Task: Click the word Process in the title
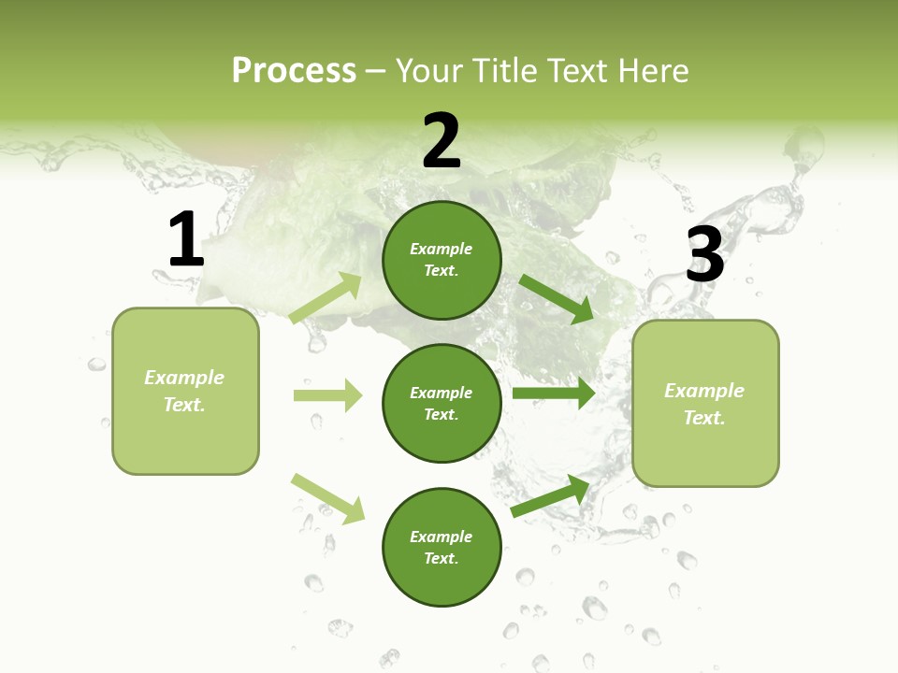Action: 294,71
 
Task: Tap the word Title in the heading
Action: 507,71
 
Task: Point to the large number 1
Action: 185,239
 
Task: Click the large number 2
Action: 442,140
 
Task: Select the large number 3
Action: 704,254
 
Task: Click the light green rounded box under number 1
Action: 185,391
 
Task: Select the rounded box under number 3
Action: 705,404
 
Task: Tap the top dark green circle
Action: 442,260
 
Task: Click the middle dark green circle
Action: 442,404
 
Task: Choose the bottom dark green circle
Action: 442,548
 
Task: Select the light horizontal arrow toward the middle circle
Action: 327,395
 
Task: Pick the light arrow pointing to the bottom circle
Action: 327,498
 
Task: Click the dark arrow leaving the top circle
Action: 557,298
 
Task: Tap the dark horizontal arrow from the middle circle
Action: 554,394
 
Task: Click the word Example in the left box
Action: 184,378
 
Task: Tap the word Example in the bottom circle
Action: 441,537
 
